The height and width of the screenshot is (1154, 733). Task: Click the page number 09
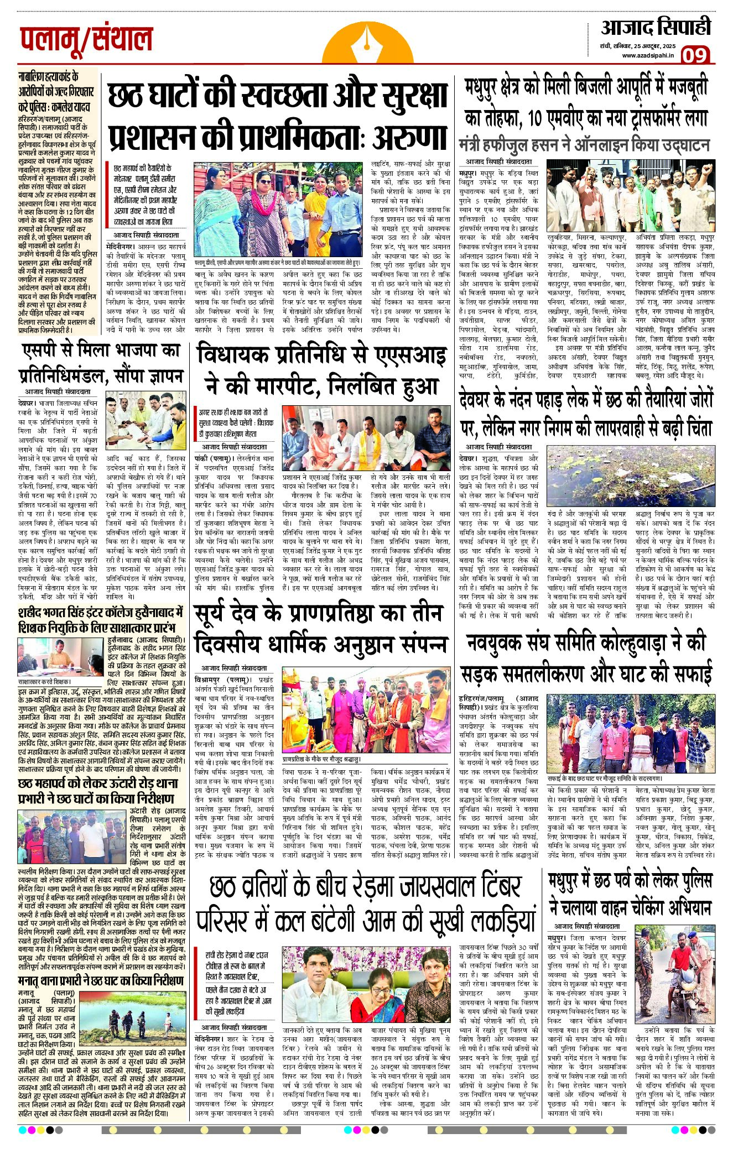[x=694, y=55]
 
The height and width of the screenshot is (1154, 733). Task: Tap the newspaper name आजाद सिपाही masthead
[x=656, y=27]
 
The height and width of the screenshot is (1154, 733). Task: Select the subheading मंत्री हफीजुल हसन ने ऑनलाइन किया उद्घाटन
[x=584, y=145]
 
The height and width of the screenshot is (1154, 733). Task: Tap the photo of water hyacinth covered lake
[x=631, y=476]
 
